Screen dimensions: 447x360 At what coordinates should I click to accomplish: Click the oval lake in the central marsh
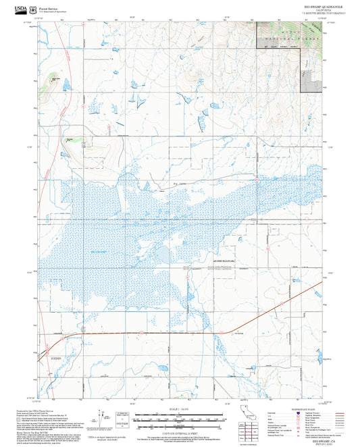(164, 255)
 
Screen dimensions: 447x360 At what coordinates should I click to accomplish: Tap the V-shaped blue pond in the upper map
(140, 99)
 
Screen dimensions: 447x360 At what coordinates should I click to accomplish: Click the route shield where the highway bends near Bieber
(81, 334)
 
